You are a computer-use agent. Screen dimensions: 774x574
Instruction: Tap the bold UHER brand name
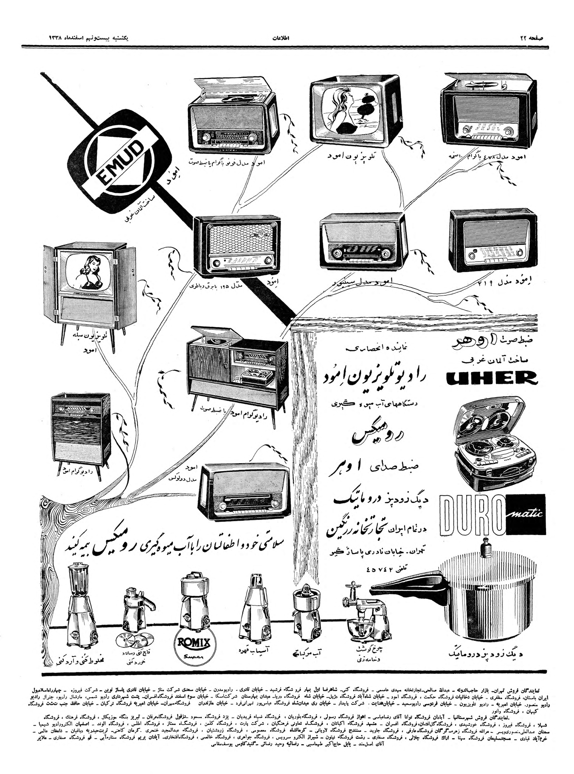pos(492,378)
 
